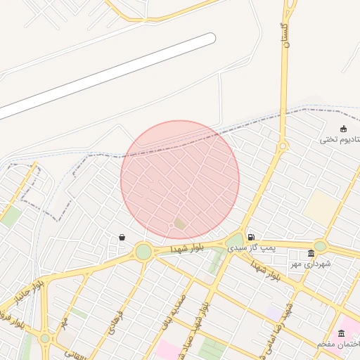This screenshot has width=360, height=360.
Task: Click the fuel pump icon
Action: point(251,238)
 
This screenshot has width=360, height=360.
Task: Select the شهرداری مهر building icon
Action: point(311,253)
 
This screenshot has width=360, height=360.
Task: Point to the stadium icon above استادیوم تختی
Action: point(343,128)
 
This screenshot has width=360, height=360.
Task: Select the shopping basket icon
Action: point(122,238)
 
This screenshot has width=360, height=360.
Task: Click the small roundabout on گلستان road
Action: point(283,146)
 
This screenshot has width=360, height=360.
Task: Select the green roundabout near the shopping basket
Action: point(143,251)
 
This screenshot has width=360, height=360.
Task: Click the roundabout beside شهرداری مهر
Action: point(320,246)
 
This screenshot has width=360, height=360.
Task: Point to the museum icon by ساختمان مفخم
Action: point(342,333)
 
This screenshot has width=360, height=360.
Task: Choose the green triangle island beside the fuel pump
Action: point(234,243)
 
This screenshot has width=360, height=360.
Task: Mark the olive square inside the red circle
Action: point(181,224)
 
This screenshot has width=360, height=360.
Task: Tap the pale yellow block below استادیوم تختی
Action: point(321,208)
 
